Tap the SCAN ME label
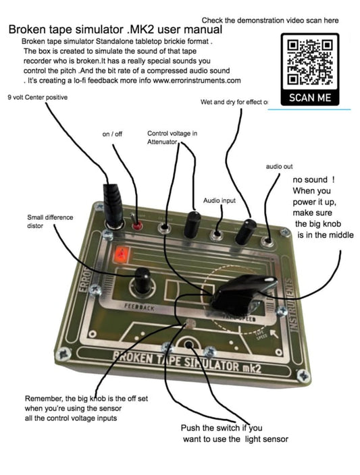(309, 99)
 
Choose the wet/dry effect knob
(244, 230)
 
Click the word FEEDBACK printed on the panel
(140, 306)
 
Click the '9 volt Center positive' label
(37, 96)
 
